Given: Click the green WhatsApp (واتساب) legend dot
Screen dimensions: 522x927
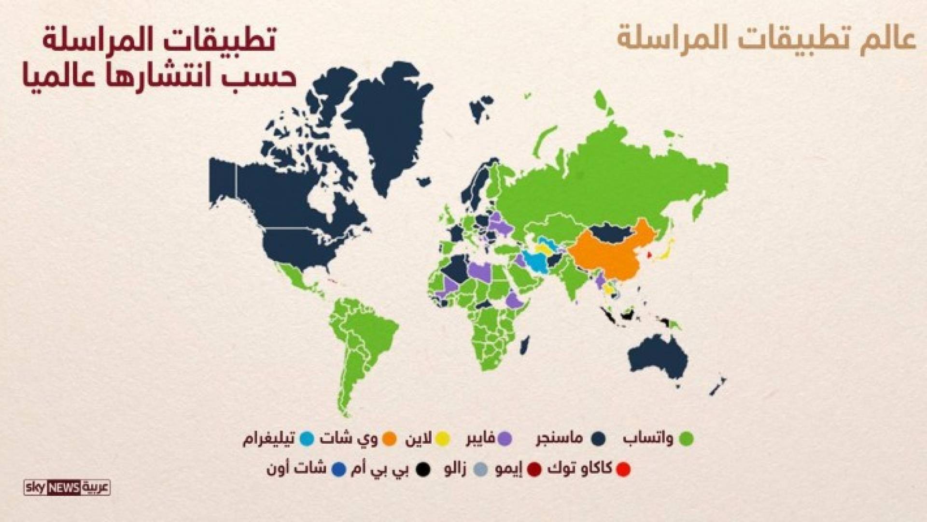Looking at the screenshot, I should tap(686, 439).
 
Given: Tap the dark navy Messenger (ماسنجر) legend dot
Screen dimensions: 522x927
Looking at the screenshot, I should tap(599, 439).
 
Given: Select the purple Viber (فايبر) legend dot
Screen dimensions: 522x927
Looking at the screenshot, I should tap(505, 439).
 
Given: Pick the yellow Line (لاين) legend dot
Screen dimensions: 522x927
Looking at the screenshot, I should tap(442, 439).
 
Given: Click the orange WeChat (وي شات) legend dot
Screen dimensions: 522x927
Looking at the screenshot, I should tap(389, 439).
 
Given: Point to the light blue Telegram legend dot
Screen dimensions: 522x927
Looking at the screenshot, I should tap(307, 439).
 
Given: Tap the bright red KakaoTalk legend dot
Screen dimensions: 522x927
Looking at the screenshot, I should tap(623, 469).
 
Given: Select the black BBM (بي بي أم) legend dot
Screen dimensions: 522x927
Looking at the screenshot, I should tap(423, 469).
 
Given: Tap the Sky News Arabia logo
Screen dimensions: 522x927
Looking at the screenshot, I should tap(67, 488).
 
